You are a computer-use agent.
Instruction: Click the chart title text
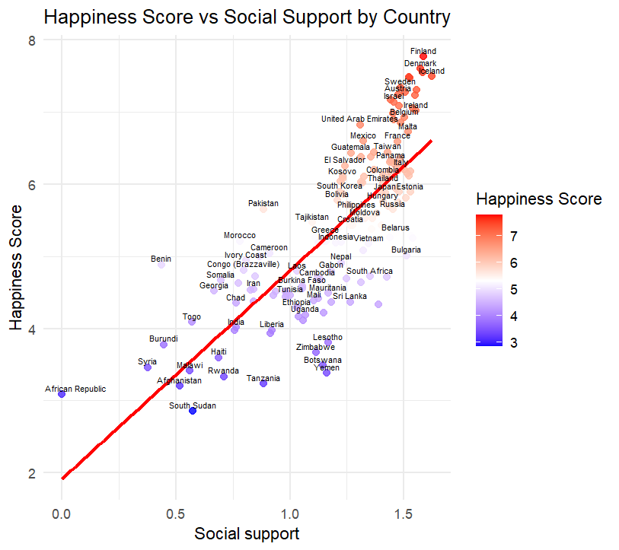pos(247,17)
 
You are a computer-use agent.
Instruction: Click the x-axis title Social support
pos(247,533)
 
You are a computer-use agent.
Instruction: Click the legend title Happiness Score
pos(538,199)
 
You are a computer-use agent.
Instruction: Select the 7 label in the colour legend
pos(514,237)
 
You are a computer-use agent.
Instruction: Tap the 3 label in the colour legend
pos(514,342)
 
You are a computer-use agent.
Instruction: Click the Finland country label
pos(424,51)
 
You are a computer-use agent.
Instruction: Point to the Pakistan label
pos(263,203)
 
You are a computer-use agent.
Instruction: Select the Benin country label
pos(161,259)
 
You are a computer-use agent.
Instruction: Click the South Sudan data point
pos(193,411)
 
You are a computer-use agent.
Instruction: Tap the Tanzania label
pos(263,378)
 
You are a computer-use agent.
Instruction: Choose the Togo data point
pos(192,322)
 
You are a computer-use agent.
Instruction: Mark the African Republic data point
pos(62,394)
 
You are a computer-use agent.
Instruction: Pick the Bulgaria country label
pos(406,250)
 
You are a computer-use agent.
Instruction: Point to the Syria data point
pos(148,367)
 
